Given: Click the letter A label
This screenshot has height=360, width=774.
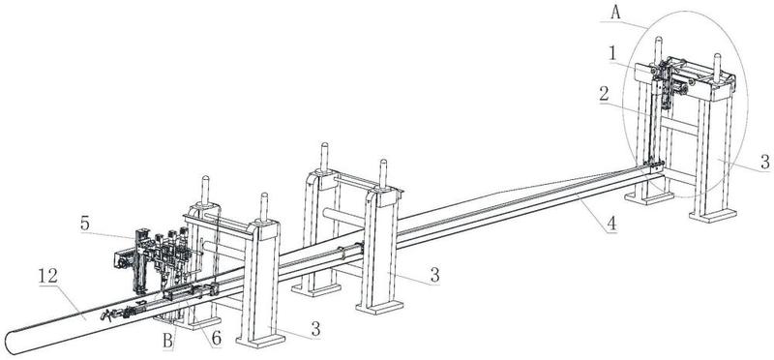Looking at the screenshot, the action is [615, 13].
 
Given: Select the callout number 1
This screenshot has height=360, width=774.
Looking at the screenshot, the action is [612, 54].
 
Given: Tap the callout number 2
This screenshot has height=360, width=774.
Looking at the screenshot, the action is [604, 94].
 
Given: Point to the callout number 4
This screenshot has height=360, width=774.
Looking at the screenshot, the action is [611, 224].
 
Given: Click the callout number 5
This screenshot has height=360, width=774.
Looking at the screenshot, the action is [85, 224].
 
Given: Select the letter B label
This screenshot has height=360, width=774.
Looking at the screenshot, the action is [168, 341].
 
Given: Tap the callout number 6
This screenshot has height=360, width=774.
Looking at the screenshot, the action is [215, 339].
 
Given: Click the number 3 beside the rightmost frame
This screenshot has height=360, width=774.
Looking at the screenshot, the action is [764, 162].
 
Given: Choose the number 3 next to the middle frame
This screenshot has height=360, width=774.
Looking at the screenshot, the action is [434, 276].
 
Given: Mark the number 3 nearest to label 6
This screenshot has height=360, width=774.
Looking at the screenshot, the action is [314, 329].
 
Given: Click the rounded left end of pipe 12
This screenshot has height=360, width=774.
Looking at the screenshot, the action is [10, 343].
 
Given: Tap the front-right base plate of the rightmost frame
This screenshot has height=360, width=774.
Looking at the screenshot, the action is [713, 215].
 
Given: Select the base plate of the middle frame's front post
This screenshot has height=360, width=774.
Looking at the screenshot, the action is [379, 307].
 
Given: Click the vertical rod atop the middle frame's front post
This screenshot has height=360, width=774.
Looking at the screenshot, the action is [383, 174].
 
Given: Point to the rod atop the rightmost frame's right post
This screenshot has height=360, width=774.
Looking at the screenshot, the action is [717, 65].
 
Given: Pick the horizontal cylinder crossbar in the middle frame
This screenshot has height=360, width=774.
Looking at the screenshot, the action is [343, 217].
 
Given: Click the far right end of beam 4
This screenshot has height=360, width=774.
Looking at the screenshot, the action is [663, 167].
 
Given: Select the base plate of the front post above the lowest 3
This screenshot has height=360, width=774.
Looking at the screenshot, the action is [260, 341].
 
